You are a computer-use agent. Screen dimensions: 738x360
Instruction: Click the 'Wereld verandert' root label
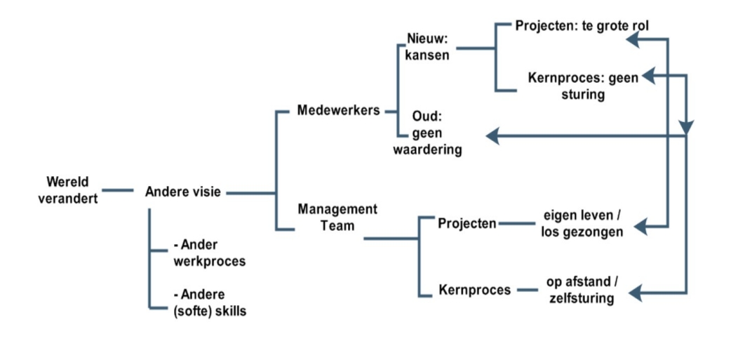click(68, 190)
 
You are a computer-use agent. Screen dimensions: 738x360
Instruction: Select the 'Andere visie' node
click(182, 192)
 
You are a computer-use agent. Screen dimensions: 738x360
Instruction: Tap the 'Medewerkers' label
click(338, 111)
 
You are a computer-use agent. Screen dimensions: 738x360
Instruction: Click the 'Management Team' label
click(337, 217)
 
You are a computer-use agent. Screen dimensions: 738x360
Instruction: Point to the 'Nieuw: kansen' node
click(427, 47)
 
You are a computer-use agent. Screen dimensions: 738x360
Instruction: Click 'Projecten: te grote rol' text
click(582, 25)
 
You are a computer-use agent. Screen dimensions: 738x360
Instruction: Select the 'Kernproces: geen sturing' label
click(584, 86)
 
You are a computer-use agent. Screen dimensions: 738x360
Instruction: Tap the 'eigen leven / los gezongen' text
click(582, 224)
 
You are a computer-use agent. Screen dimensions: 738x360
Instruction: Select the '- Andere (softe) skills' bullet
click(210, 302)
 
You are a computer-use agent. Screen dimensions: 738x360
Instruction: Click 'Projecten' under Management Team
click(467, 224)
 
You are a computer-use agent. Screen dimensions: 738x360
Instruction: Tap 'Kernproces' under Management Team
click(474, 289)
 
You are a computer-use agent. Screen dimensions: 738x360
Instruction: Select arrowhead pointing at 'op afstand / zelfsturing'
click(636, 293)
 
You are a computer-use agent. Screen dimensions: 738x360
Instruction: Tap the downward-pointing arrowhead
click(686, 127)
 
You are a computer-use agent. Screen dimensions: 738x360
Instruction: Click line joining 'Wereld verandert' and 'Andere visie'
click(118, 190)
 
